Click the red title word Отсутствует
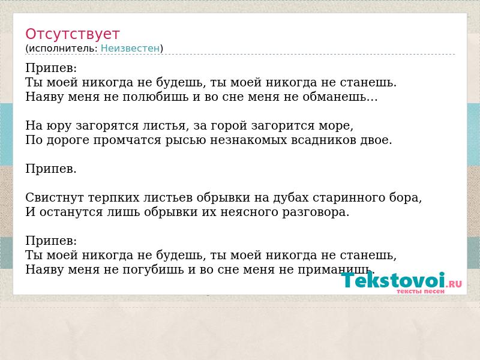(x=72, y=34)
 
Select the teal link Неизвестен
(x=130, y=49)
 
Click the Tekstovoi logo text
(x=393, y=280)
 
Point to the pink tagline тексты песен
(x=421, y=291)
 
